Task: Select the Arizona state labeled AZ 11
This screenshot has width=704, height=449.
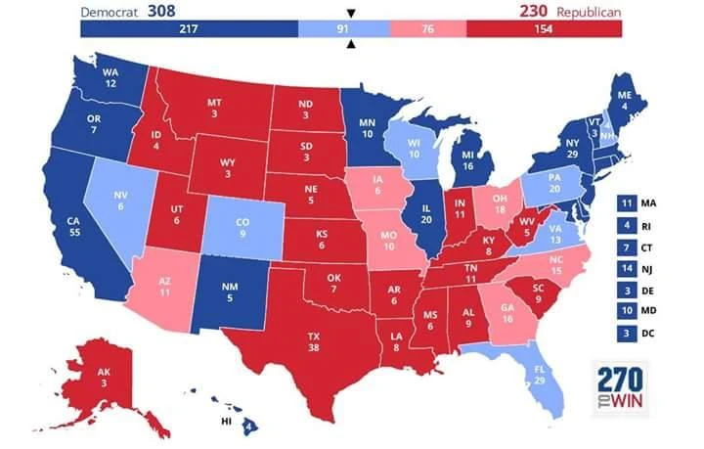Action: pyautogui.click(x=164, y=285)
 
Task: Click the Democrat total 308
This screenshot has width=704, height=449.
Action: pyautogui.click(x=161, y=11)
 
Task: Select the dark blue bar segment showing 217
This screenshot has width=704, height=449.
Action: pyautogui.click(x=190, y=28)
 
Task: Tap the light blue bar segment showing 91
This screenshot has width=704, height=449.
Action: pyautogui.click(x=343, y=28)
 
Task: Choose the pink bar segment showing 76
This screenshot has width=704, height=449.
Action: pyautogui.click(x=427, y=28)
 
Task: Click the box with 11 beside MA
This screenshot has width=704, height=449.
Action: pyautogui.click(x=627, y=203)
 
